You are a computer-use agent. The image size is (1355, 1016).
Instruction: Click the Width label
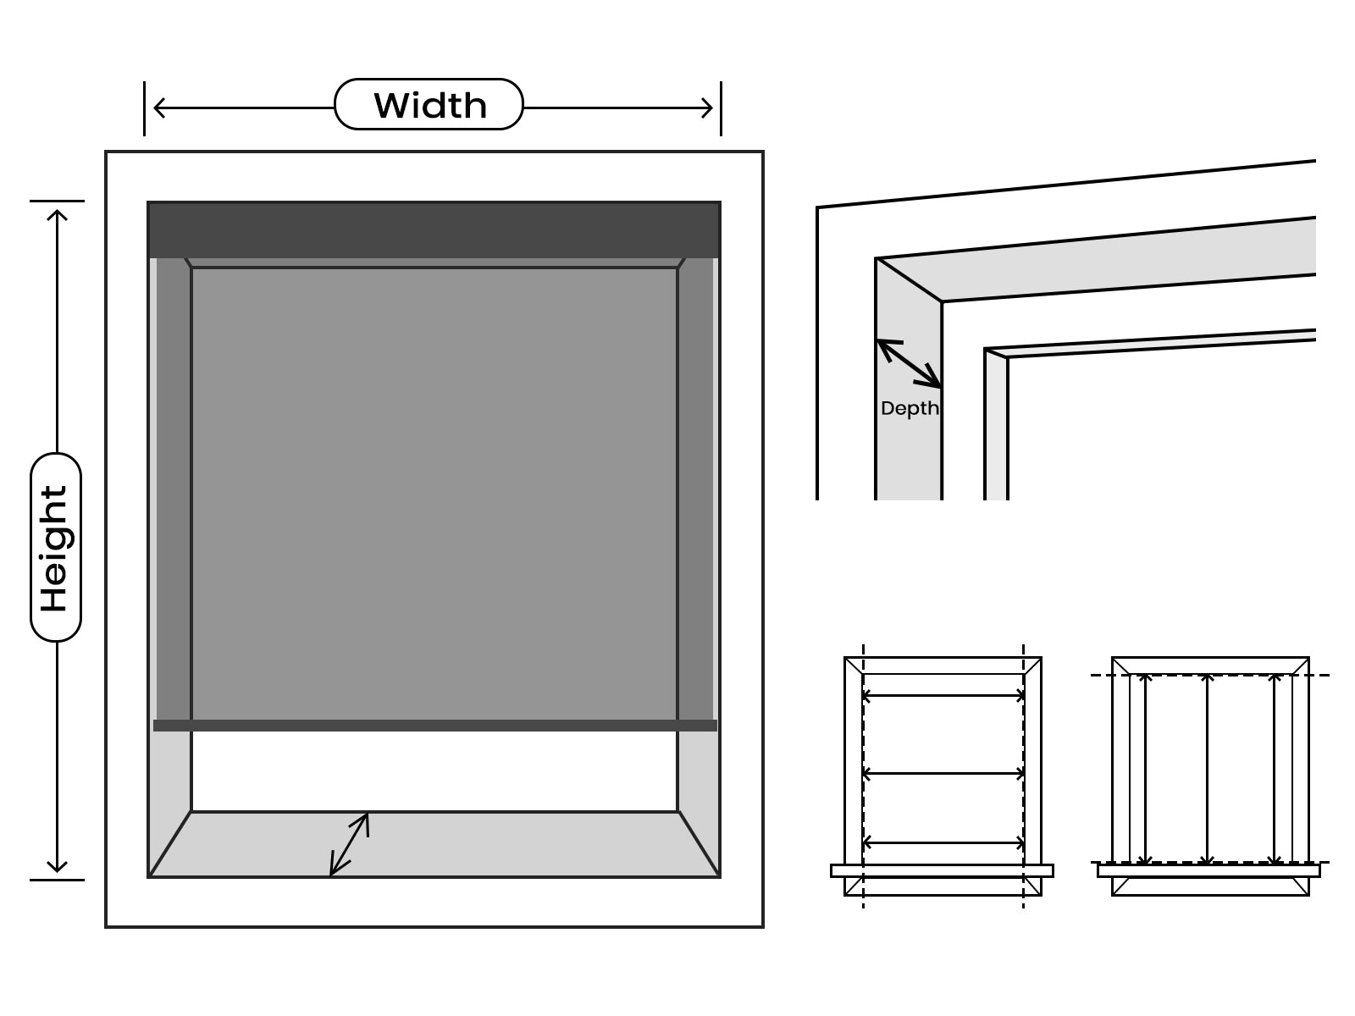click(429, 105)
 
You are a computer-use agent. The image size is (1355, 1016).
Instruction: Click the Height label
click(54, 549)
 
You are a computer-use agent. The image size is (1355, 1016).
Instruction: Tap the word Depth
click(910, 408)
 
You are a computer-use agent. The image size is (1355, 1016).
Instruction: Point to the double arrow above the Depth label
click(910, 364)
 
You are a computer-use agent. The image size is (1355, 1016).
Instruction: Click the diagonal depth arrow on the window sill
click(350, 844)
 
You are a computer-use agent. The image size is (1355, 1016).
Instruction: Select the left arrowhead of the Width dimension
click(159, 108)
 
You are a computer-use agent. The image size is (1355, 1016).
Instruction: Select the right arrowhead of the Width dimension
click(707, 108)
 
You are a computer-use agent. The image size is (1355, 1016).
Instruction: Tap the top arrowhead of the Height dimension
click(57, 215)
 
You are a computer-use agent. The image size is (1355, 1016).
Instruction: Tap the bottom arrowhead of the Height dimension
click(57, 866)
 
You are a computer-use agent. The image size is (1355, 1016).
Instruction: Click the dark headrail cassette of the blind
click(434, 230)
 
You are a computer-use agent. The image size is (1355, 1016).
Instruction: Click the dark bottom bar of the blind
click(435, 726)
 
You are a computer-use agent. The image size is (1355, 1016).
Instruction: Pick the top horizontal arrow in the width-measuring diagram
click(943, 696)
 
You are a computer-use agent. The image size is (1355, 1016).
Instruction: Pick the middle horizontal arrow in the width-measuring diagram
click(943, 773)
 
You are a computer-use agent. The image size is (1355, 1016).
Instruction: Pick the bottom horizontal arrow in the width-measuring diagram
click(943, 842)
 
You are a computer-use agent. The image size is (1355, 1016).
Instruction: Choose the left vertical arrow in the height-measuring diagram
click(1145, 769)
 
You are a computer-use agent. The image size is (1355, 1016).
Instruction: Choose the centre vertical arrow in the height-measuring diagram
click(1208, 769)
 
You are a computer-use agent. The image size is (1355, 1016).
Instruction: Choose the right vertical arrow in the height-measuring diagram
click(1275, 769)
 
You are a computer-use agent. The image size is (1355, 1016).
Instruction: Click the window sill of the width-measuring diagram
click(942, 870)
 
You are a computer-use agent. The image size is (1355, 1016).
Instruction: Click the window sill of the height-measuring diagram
click(1208, 870)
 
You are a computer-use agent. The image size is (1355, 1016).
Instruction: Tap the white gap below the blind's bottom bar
click(434, 771)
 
